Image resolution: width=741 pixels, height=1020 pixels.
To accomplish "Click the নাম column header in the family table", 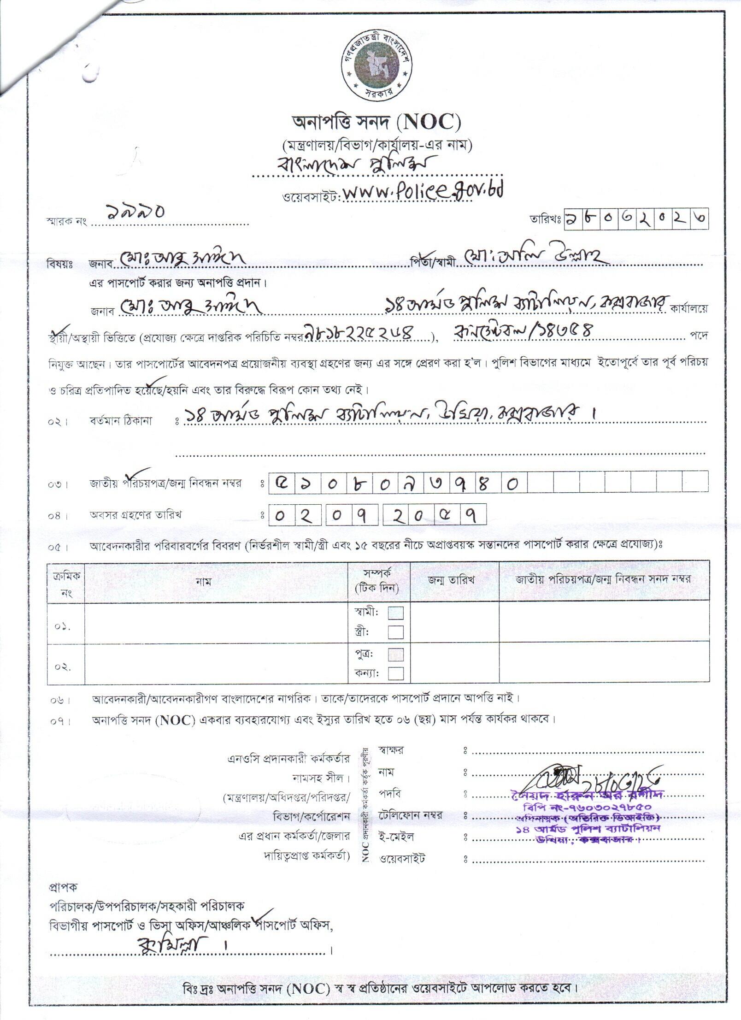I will tap(203, 581).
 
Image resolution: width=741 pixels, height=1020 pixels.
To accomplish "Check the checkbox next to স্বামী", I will tap(396, 613).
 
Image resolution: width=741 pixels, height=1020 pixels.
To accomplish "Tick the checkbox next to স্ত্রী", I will tap(396, 631).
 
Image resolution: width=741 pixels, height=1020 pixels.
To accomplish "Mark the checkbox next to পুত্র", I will tap(396, 654).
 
